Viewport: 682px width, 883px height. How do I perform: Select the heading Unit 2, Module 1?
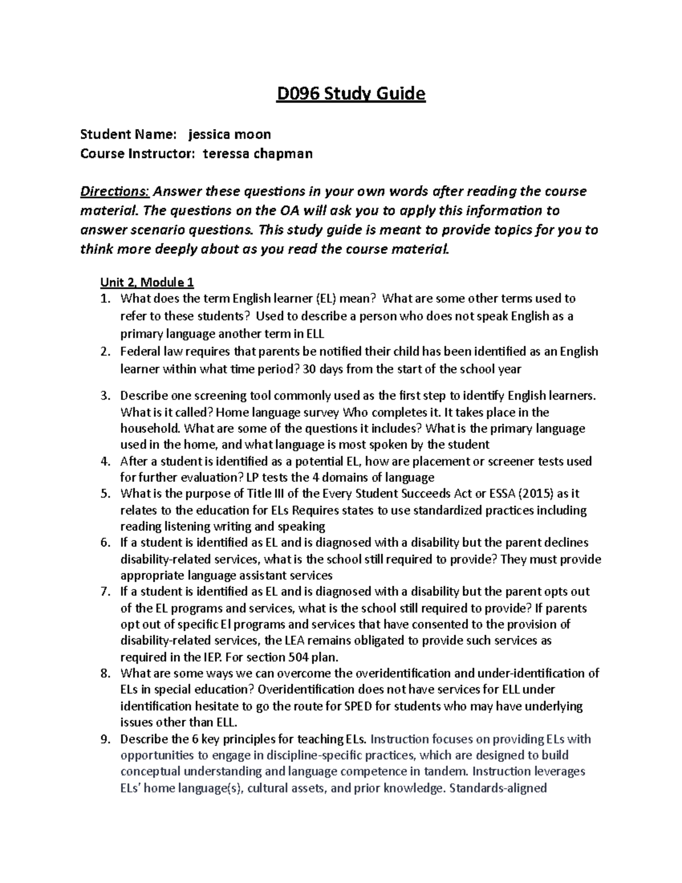click(x=147, y=282)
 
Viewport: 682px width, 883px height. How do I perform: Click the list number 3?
click(x=104, y=396)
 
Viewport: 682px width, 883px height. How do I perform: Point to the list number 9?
click(x=104, y=739)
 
